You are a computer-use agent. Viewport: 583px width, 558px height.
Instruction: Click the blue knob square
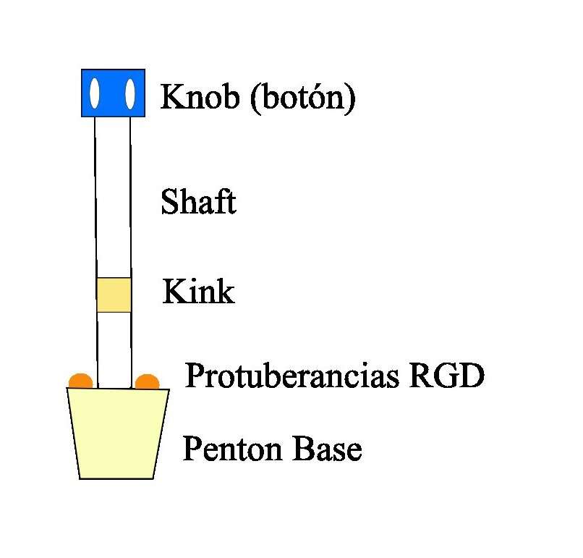pyautogui.click(x=113, y=93)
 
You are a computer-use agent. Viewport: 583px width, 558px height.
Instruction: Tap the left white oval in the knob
pyautogui.click(x=95, y=93)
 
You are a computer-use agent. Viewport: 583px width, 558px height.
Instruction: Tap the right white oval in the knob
pyautogui.click(x=129, y=94)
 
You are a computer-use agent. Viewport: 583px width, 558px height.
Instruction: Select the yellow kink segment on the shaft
pyautogui.click(x=114, y=295)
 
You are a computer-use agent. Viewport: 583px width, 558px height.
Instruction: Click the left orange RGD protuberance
pyautogui.click(x=81, y=381)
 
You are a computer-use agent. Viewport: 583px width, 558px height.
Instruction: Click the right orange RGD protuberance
pyautogui.click(x=148, y=382)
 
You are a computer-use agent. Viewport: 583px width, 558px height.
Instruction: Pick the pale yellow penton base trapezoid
pyautogui.click(x=118, y=434)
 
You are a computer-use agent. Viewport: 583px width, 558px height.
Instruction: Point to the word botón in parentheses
pyautogui.click(x=303, y=98)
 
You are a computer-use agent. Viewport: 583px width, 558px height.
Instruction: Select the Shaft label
pyautogui.click(x=198, y=201)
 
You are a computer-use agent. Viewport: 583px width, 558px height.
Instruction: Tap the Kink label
pyautogui.click(x=198, y=291)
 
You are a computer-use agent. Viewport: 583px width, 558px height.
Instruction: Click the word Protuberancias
pyautogui.click(x=292, y=376)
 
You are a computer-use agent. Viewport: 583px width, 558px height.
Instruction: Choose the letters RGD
pyautogui.click(x=447, y=375)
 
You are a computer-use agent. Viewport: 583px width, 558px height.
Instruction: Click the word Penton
pyautogui.click(x=233, y=449)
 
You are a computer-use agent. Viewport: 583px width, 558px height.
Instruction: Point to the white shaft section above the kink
pyautogui.click(x=113, y=197)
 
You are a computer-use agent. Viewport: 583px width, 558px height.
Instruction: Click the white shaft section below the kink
pyautogui.click(x=114, y=350)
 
